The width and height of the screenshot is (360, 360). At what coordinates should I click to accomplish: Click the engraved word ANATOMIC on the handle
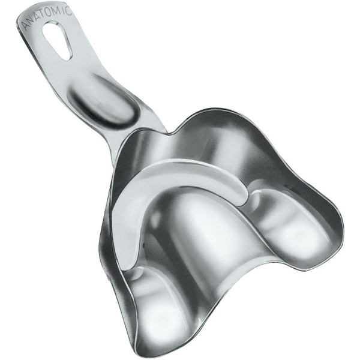47,16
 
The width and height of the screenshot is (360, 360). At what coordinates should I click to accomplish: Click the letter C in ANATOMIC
69,11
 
